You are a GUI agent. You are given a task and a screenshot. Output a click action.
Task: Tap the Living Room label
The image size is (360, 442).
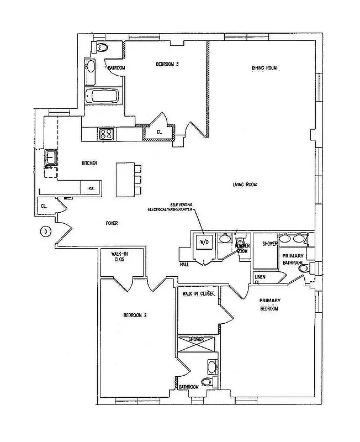coord(245,185)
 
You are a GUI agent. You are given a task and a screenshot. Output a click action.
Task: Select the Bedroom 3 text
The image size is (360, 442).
coord(167,65)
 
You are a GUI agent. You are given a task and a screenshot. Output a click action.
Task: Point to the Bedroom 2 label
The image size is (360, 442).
coord(134,315)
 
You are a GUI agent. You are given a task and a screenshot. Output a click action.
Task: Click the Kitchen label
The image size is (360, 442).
coord(89,164)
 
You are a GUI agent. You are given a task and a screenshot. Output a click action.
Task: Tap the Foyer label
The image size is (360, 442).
coord(112,223)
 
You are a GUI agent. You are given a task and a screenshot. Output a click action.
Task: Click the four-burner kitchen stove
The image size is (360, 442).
coord(105,134)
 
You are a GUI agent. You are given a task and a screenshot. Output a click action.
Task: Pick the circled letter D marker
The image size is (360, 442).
coord(45,231)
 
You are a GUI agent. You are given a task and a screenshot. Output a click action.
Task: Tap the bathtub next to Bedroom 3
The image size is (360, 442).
coord(104,96)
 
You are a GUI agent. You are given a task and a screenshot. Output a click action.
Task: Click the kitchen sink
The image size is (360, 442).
coord(51,157)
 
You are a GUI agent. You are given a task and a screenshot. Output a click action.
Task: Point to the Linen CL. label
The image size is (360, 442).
coord(260,278)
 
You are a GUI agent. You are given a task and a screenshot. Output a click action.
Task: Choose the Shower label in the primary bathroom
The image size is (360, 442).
coord(269,243)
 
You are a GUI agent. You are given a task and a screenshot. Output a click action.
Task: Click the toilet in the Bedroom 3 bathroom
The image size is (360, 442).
coord(102,48)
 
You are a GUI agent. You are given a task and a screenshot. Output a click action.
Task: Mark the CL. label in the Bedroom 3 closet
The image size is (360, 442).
coord(159,132)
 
